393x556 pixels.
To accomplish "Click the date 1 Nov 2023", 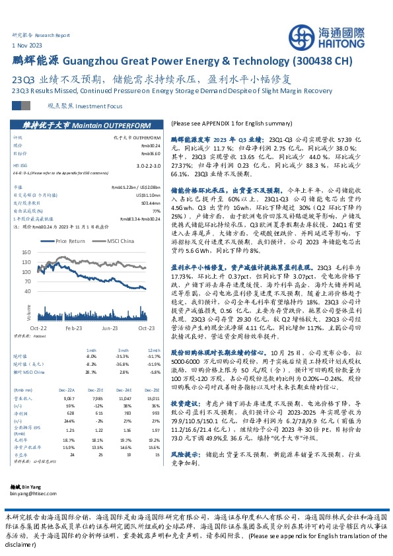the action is [x=26, y=44].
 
